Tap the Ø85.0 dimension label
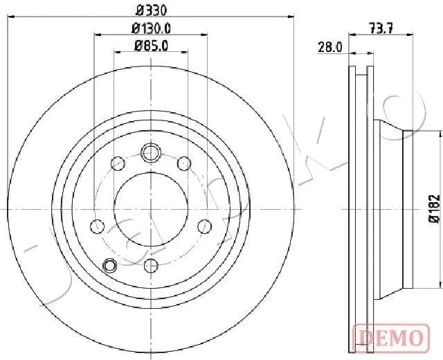click(151, 46)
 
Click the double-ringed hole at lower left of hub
click(109, 245)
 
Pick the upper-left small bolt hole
click(118, 163)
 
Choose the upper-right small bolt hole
click(183, 163)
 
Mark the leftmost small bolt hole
click(98, 226)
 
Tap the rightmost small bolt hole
click(204, 226)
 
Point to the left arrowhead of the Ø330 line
click(10, 17)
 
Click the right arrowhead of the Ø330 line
click(292, 17)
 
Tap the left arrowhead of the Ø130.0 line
click(96, 35)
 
